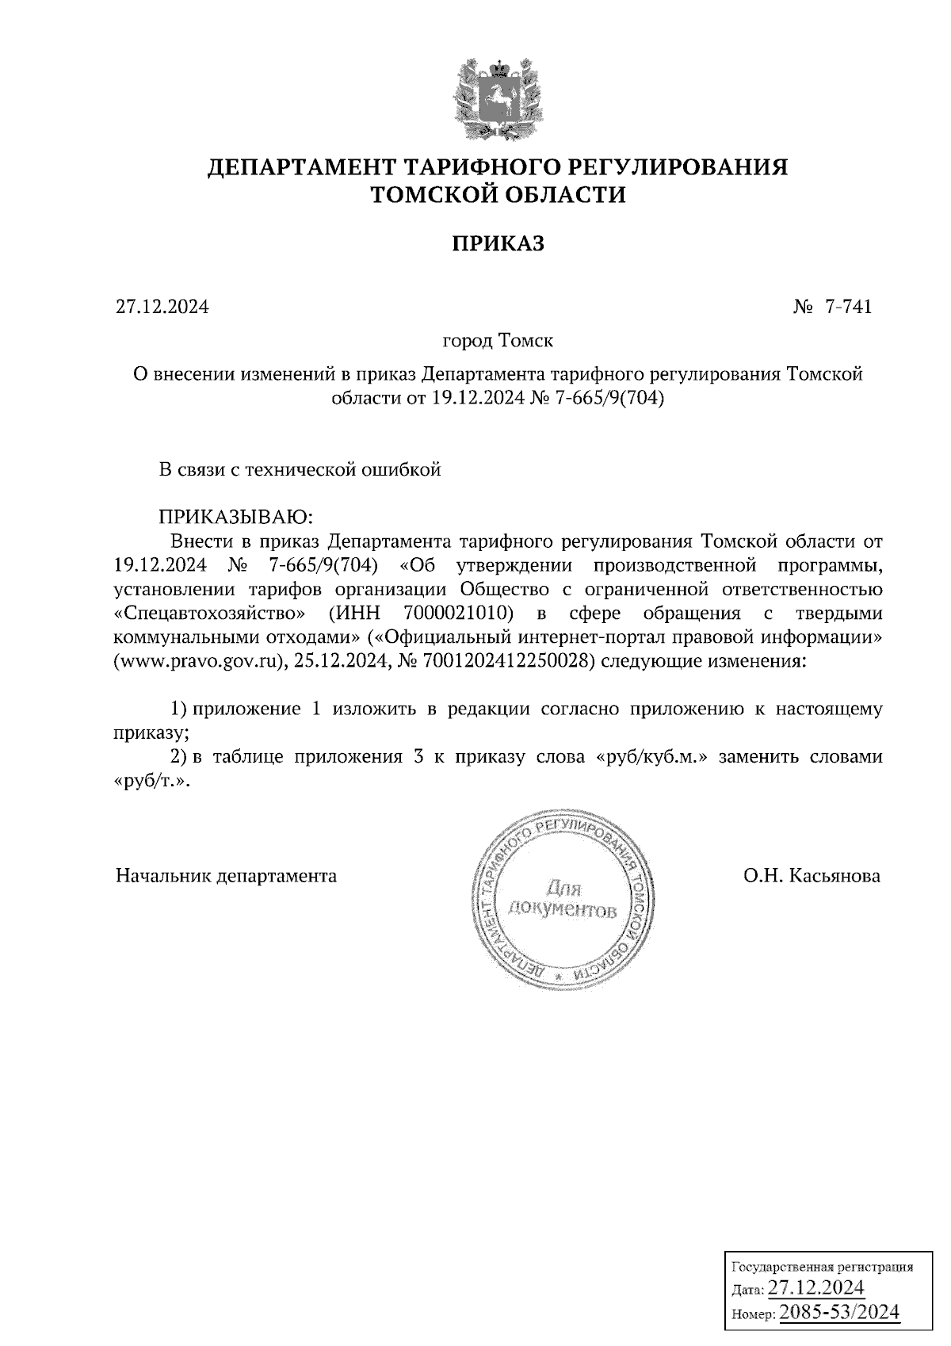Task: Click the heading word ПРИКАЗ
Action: [498, 243]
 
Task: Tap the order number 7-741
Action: [847, 307]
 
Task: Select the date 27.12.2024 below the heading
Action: [162, 307]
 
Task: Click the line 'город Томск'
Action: [498, 341]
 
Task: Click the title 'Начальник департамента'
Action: [226, 876]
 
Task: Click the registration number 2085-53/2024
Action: [840, 1313]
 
